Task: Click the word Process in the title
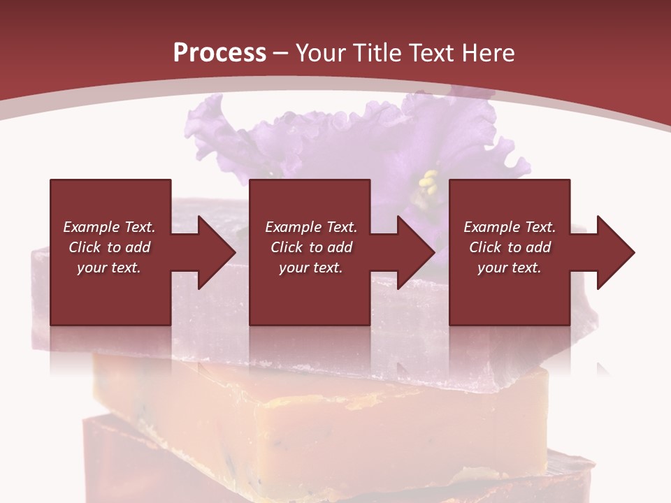pos(219,53)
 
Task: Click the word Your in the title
pos(323,53)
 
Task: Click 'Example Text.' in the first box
pos(109,227)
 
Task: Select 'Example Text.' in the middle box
pos(311,227)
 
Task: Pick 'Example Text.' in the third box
pos(510,227)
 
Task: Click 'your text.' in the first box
pos(109,268)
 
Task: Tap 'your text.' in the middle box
pos(311,268)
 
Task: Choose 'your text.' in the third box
pos(510,268)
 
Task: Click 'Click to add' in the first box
pos(109,247)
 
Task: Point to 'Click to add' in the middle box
pos(311,247)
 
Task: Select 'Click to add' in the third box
pos(510,247)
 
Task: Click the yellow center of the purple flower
pos(428,184)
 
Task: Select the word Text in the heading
pos(430,53)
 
